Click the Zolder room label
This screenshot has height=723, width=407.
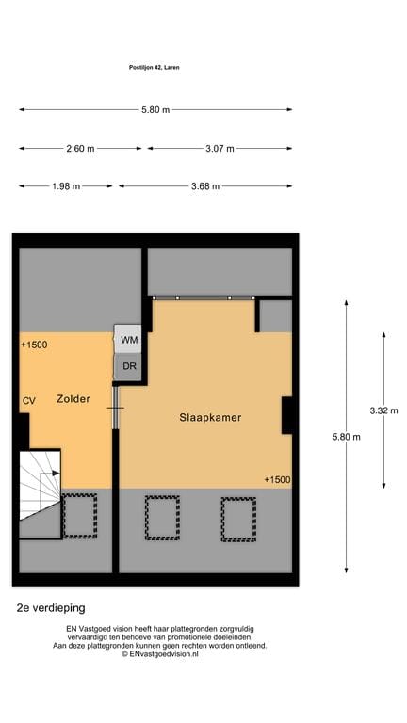point(73,399)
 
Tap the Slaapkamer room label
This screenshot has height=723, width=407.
point(210,418)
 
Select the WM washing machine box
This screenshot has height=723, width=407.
point(128,339)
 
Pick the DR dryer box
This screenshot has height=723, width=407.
point(128,366)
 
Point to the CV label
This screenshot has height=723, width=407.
point(29,401)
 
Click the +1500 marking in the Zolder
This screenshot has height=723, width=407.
point(34,345)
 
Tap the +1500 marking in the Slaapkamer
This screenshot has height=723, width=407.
point(277,480)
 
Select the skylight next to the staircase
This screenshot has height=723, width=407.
point(80,516)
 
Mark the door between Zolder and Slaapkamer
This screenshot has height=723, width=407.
point(116,408)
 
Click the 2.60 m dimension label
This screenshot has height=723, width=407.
point(80,149)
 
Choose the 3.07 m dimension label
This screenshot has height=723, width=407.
point(220,149)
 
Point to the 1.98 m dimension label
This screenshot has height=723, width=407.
point(66,186)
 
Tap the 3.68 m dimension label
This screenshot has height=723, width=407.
point(205,186)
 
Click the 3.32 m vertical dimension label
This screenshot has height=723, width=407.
point(383,410)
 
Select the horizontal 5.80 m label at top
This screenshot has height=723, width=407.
point(155,110)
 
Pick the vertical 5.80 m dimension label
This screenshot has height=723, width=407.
point(346,437)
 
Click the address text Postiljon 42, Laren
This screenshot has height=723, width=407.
point(155,68)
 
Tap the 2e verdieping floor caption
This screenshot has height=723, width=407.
point(51,608)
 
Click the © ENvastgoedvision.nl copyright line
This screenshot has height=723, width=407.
point(160,654)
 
